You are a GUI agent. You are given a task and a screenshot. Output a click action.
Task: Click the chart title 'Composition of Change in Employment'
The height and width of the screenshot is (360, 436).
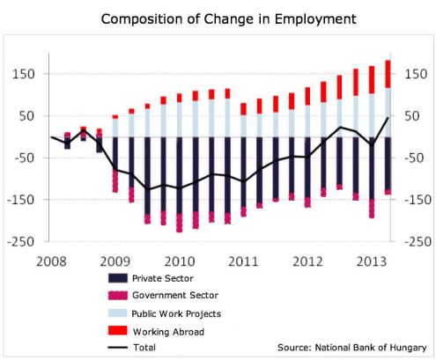(x=218, y=18)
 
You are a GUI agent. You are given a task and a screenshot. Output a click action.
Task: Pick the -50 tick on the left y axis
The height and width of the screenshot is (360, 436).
(x=21, y=158)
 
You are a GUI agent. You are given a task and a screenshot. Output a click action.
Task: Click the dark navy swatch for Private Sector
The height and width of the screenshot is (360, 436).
(x=115, y=278)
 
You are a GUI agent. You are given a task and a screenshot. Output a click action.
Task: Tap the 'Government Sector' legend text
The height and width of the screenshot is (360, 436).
(x=176, y=295)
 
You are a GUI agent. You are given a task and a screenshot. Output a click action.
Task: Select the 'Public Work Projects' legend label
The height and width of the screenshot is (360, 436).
(x=181, y=312)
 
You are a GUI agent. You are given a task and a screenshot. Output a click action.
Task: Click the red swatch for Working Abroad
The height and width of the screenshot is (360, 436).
(x=115, y=330)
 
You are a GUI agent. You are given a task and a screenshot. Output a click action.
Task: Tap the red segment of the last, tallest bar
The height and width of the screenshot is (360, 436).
(x=387, y=74)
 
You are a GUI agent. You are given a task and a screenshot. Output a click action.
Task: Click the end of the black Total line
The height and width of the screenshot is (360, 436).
(x=387, y=118)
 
